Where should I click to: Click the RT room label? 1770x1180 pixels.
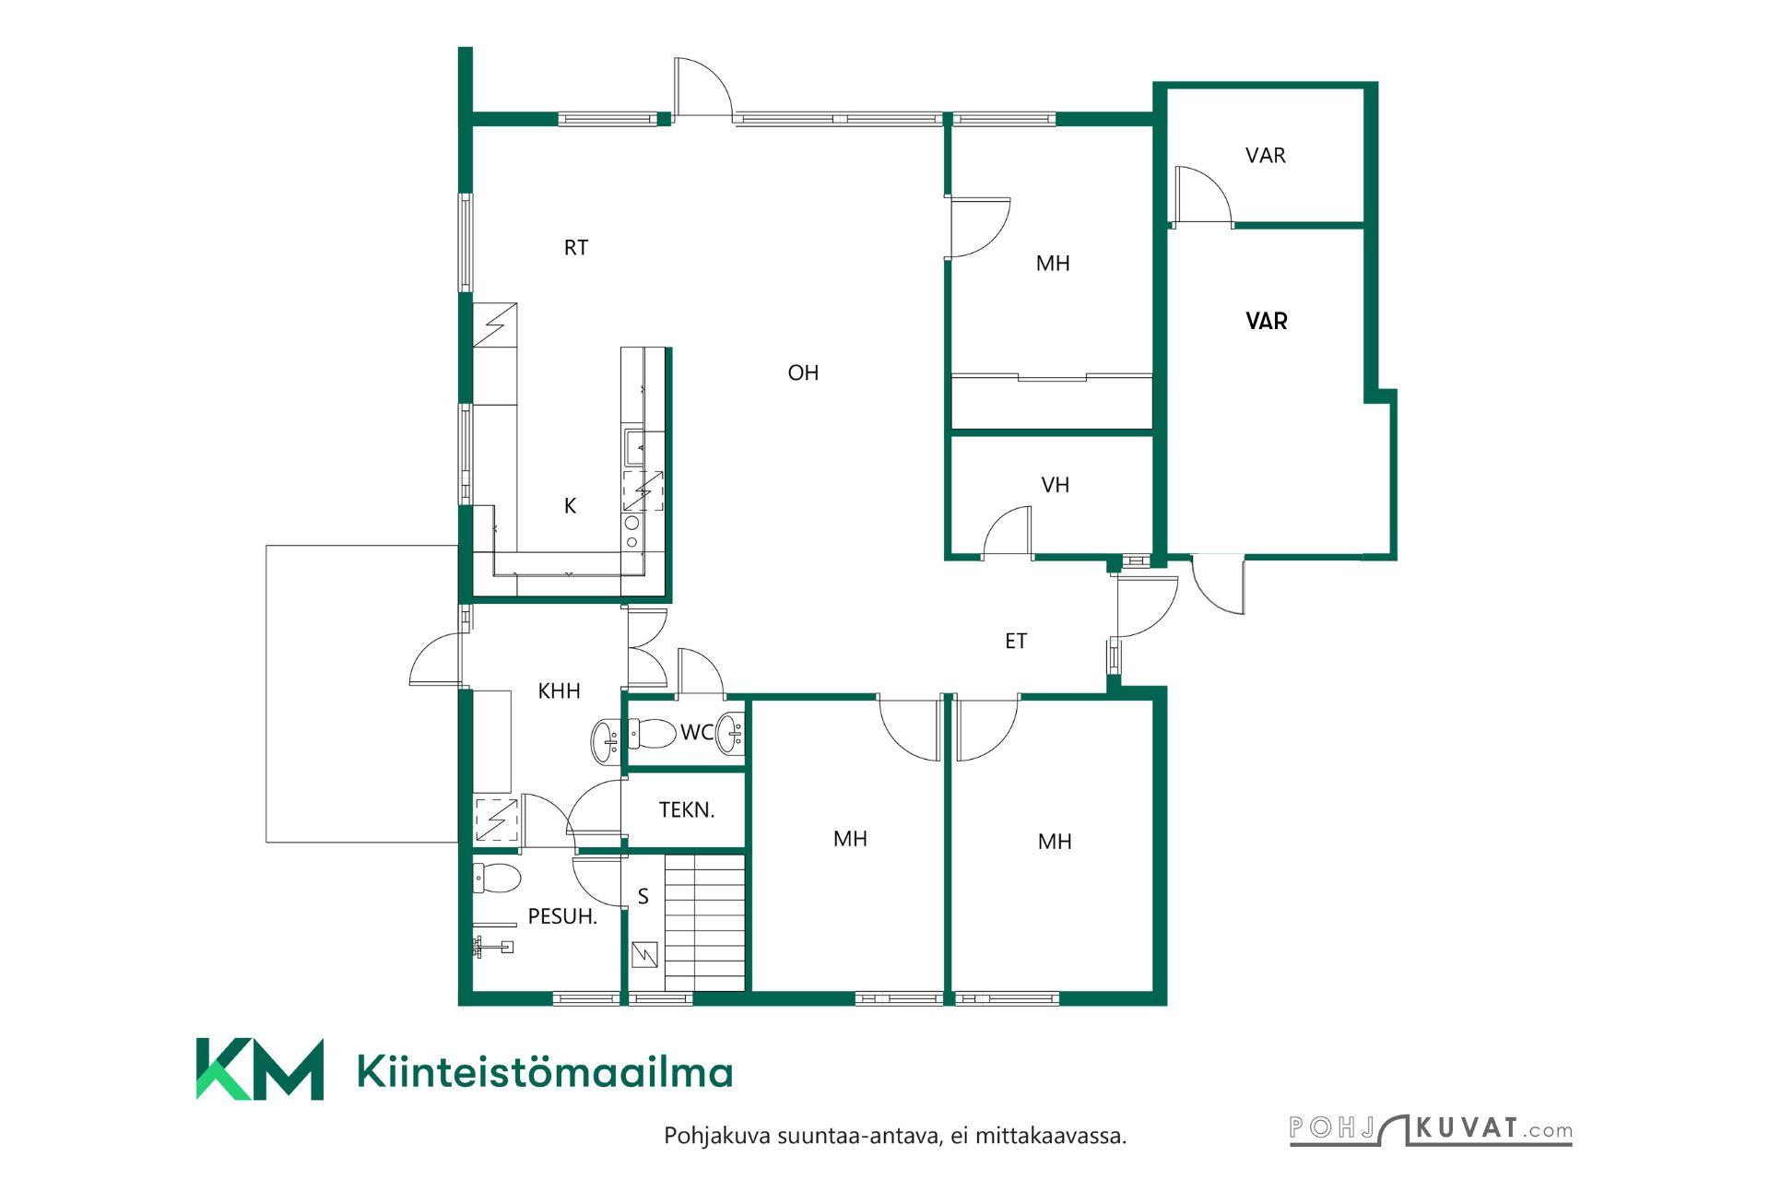pos(576,247)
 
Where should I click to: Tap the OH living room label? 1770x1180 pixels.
pos(803,372)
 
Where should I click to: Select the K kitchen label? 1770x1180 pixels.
pos(570,505)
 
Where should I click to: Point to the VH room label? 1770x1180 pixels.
pos(1055,485)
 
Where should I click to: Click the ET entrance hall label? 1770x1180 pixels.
pos(1016,641)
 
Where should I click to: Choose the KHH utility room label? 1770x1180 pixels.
pos(559,690)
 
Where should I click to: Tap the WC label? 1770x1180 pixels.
pos(697,732)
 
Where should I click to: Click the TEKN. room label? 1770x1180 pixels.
pos(687,810)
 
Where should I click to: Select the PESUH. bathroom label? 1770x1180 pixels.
pos(562,916)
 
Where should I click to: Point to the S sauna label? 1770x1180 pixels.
pos(643,896)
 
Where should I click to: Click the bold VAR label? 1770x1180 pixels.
pos(1267,321)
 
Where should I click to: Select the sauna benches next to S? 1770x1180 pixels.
pos(705,923)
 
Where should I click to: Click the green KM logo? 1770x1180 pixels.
pos(260,1069)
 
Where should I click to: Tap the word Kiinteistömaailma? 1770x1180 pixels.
pos(545,1072)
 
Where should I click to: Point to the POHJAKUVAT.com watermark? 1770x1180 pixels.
pos(1431,1129)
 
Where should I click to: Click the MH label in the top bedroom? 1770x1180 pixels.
pos(1053,264)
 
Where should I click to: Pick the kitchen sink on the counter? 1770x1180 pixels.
pos(634,448)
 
